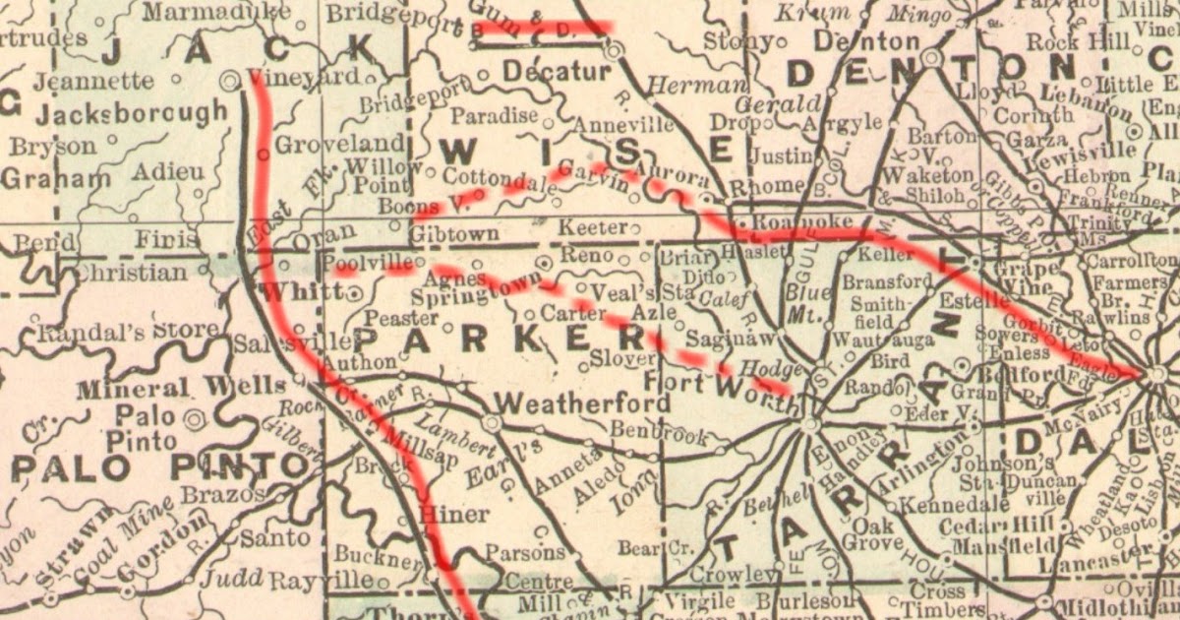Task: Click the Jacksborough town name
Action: coord(132,111)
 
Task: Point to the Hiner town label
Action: coord(453,514)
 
